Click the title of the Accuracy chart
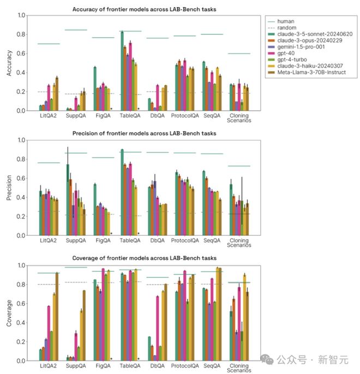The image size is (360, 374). tap(144, 9)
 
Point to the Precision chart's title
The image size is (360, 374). tap(144, 133)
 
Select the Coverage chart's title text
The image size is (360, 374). tap(144, 258)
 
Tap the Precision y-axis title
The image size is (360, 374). tap(8, 188)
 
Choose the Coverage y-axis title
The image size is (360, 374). tap(8, 313)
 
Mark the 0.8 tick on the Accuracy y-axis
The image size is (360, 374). tap(21, 34)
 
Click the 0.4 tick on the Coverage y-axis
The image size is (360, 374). tap(21, 323)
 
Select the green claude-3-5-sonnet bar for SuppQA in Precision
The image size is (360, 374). tap(68, 200)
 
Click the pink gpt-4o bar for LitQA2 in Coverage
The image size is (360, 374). tap(49, 333)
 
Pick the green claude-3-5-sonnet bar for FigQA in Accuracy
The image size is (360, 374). tap(95, 88)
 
